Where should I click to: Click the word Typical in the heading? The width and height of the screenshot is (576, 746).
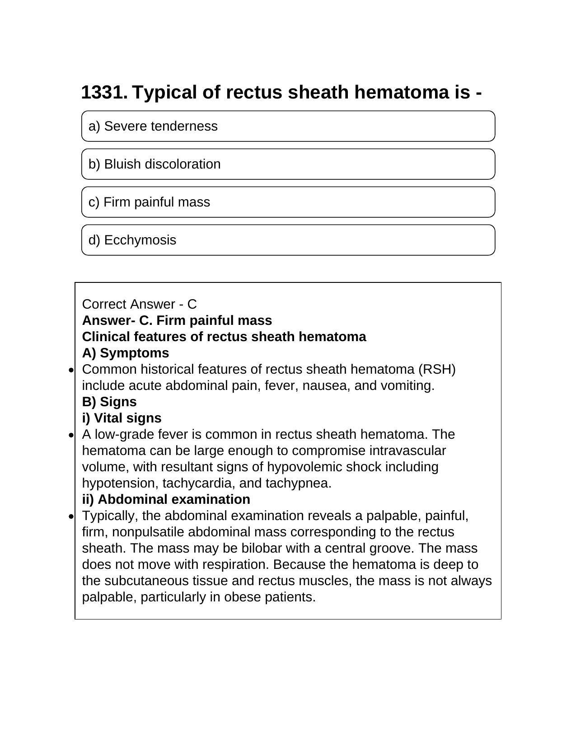coord(164,92)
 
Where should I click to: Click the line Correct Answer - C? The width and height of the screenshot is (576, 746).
coord(139,304)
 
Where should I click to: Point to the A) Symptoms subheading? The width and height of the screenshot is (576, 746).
coord(125,353)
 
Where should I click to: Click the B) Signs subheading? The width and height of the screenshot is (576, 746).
coord(109,402)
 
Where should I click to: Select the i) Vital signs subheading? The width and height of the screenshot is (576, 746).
coord(122,418)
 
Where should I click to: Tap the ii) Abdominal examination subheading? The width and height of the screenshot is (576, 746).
coord(166,499)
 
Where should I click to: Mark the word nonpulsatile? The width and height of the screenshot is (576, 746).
coord(148,532)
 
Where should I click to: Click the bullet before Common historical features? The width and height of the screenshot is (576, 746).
coord(71,370)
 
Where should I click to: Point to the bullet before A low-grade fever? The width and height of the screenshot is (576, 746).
coord(71,435)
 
